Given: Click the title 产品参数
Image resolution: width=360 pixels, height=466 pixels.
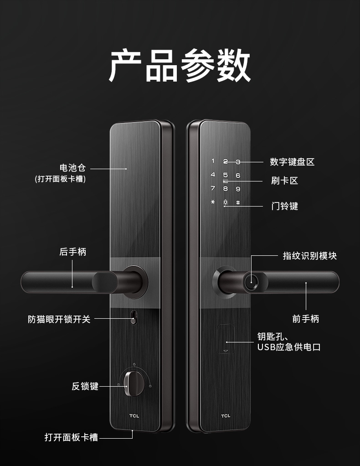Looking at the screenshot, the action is pyautogui.click(x=180, y=65).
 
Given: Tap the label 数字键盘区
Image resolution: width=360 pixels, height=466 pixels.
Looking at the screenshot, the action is pyautogui.click(x=292, y=162).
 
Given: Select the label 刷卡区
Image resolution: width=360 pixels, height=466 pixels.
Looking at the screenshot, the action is pyautogui.click(x=284, y=181).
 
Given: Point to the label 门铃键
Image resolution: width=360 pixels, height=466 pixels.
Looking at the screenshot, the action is pyautogui.click(x=284, y=206).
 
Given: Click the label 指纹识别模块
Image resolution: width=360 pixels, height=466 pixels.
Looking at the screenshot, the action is pyautogui.click(x=310, y=256).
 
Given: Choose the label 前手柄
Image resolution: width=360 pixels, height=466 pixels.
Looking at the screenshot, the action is pyautogui.click(x=306, y=319).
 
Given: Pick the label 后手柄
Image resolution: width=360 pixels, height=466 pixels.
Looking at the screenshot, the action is pyautogui.click(x=73, y=252).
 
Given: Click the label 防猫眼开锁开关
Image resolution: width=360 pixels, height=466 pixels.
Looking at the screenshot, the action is pyautogui.click(x=59, y=319).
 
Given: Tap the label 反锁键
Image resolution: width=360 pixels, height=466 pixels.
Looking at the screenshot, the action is pyautogui.click(x=85, y=386).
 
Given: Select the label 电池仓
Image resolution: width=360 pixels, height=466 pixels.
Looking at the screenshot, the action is pyautogui.click(x=73, y=168).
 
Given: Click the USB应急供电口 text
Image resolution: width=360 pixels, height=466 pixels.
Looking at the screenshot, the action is pyautogui.click(x=289, y=347).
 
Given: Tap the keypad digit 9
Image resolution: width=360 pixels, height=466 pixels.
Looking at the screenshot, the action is pyautogui.click(x=238, y=189).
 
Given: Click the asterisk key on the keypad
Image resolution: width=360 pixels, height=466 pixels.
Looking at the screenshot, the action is pyautogui.click(x=213, y=202).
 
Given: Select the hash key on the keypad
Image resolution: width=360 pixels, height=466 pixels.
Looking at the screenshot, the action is pyautogui.click(x=238, y=203).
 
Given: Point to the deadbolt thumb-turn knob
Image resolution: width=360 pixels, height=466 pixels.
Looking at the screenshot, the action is pyautogui.click(x=134, y=383).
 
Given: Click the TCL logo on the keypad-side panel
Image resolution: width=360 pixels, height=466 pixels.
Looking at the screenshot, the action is pyautogui.click(x=226, y=416).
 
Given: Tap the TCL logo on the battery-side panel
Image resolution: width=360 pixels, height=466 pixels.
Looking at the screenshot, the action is pyautogui.click(x=134, y=416).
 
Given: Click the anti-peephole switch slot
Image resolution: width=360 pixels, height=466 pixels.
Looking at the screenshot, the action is pyautogui.click(x=134, y=317).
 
